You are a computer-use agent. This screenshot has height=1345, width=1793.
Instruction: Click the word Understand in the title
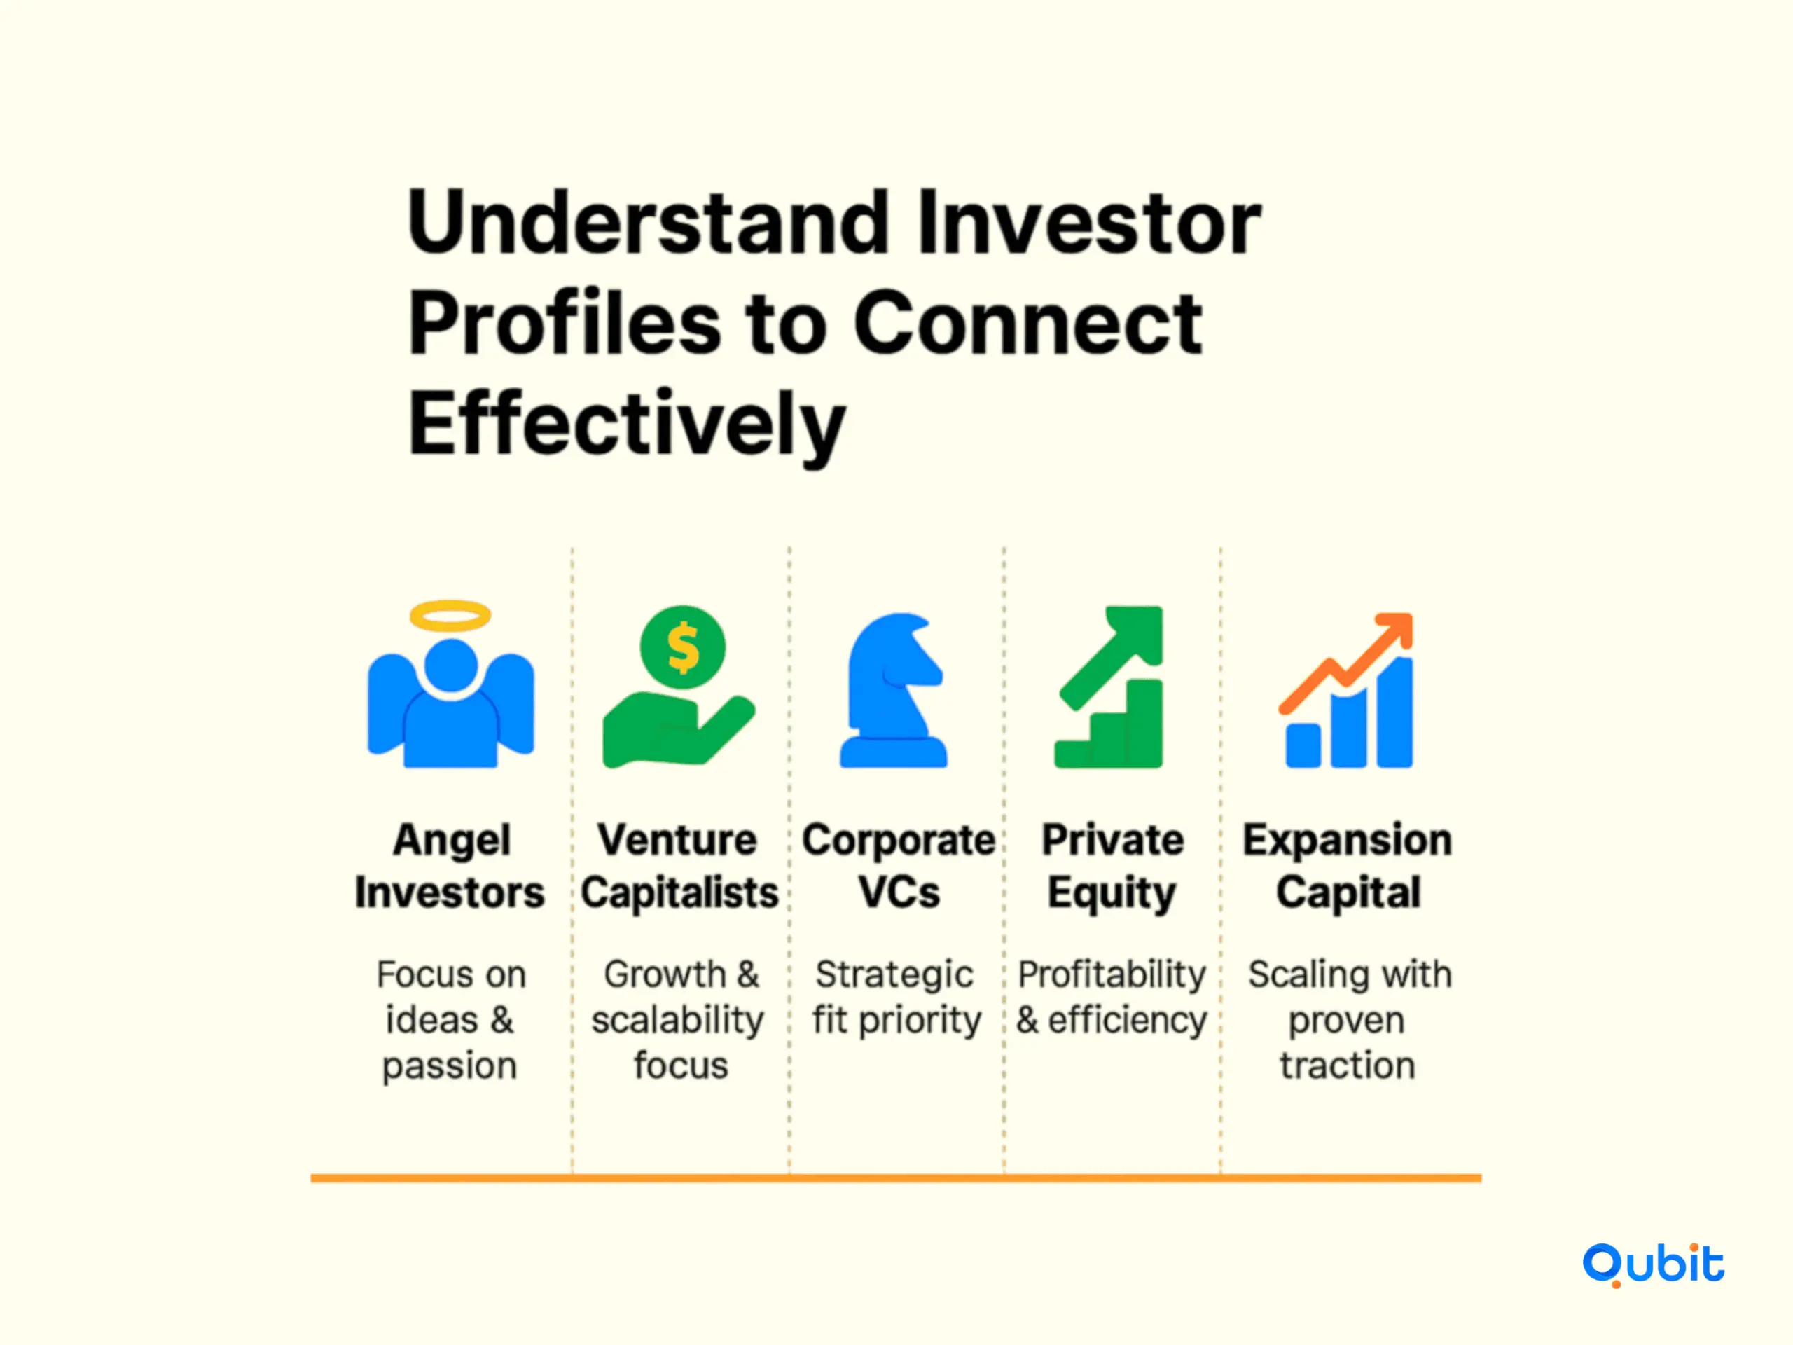pos(649,222)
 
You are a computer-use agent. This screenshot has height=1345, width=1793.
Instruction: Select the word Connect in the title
pos(1027,324)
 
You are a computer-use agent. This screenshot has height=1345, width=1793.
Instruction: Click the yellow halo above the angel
pos(450,615)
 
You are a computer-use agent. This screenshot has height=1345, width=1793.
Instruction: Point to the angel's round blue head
pos(450,665)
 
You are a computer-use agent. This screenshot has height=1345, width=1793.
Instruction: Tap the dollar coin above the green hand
pos(682,647)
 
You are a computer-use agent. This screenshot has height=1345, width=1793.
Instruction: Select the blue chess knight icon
pos(893,690)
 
